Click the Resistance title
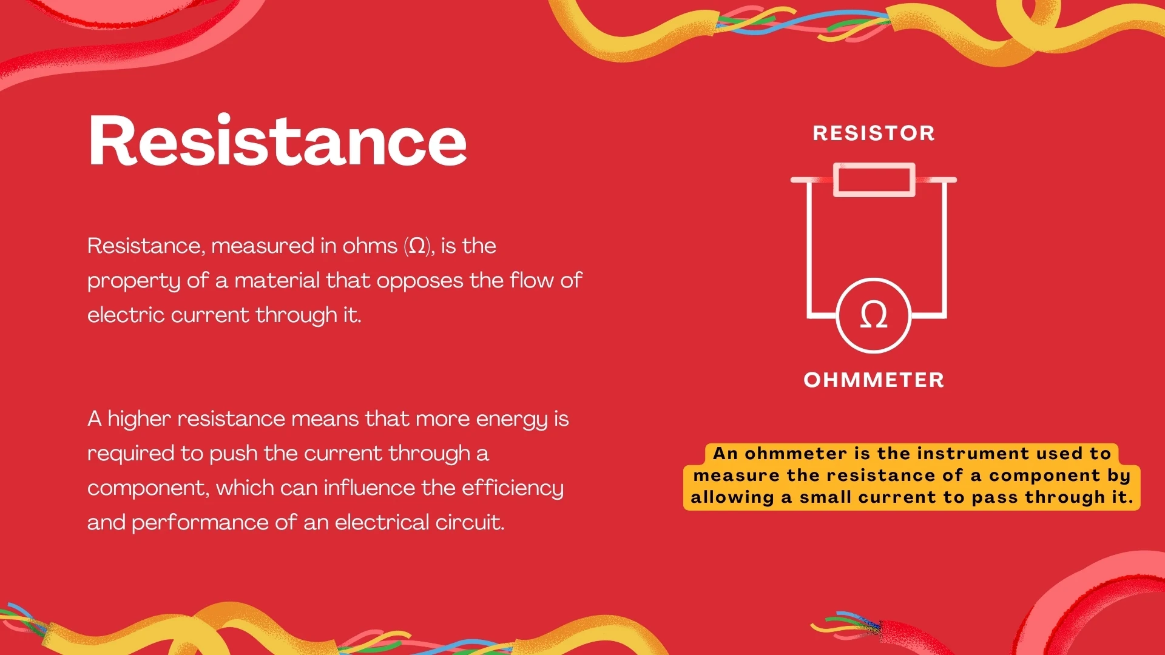pos(277,141)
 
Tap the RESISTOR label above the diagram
pos(874,133)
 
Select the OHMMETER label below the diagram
pos(874,380)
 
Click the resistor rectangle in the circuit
pos(874,180)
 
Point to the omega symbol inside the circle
pos(874,315)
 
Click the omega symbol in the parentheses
pos(417,246)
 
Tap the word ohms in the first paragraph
pos(370,246)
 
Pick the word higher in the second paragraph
pos(139,419)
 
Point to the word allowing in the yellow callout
pos(732,497)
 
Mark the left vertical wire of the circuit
pos(809,249)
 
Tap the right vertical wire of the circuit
pos(945,249)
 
